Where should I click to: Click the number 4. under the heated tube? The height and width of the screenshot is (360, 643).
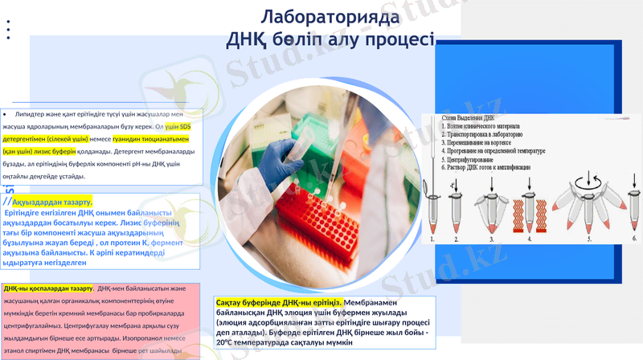[529, 239]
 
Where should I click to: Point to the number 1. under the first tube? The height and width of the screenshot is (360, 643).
[433, 239]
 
